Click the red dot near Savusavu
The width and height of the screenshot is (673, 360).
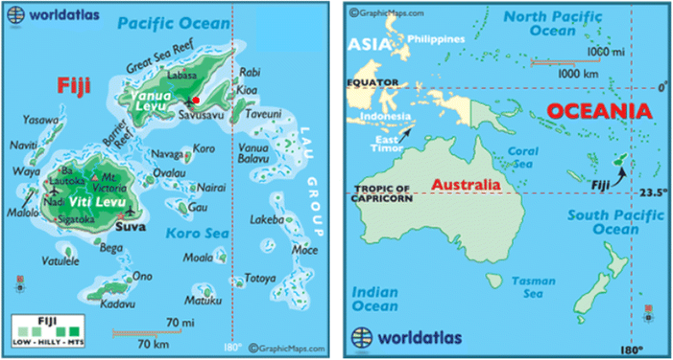(x=196, y=101)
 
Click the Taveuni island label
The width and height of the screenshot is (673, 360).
(x=264, y=113)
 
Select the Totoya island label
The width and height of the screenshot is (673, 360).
(x=261, y=279)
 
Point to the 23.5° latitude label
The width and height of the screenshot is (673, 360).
(x=653, y=193)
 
